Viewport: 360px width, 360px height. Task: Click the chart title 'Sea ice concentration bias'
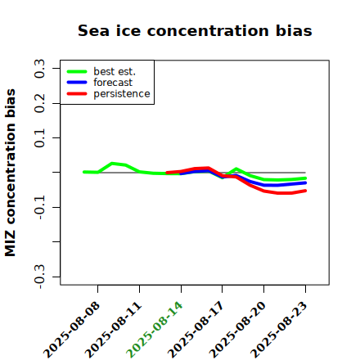pyautogui.click(x=195, y=30)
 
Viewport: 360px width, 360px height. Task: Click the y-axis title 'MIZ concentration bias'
pyautogui.click(x=10, y=173)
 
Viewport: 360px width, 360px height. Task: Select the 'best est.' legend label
pyautogui.click(x=115, y=71)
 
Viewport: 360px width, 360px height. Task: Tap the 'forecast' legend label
pyautogui.click(x=113, y=83)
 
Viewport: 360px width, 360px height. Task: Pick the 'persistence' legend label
pyautogui.click(x=122, y=94)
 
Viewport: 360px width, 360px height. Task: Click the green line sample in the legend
pyautogui.click(x=77, y=71)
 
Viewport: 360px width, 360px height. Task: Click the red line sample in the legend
pyautogui.click(x=77, y=94)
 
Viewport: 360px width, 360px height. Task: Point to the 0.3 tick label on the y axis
pyautogui.click(x=39, y=69)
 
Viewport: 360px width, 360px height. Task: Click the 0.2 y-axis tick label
pyautogui.click(x=39, y=103)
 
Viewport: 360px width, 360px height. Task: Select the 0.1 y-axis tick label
pyautogui.click(x=39, y=138)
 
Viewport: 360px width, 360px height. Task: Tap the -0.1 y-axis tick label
pyautogui.click(x=39, y=208)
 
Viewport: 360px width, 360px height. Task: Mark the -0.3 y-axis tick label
pyautogui.click(x=39, y=277)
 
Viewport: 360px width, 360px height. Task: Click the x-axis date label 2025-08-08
pyautogui.click(x=71, y=330)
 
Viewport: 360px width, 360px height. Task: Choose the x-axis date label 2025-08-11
pyautogui.click(x=113, y=330)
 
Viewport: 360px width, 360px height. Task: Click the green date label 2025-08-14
pyautogui.click(x=155, y=330)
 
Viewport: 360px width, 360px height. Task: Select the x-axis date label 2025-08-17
pyautogui.click(x=196, y=330)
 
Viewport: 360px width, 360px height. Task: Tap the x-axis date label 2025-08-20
pyautogui.click(x=237, y=330)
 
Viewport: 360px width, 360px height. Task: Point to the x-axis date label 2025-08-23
pyautogui.click(x=279, y=330)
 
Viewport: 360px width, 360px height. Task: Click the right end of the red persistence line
pyautogui.click(x=305, y=191)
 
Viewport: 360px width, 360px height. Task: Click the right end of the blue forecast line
pyautogui.click(x=305, y=182)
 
